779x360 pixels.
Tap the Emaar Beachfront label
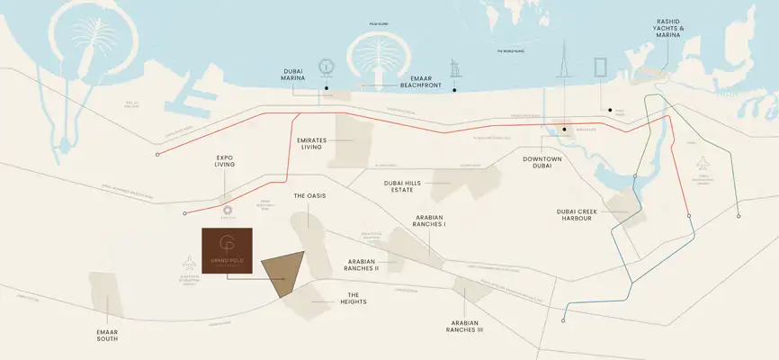(x=423, y=81)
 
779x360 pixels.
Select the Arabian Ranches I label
(x=431, y=220)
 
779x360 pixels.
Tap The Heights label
(x=354, y=300)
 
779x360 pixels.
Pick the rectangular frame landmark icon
(x=600, y=68)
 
